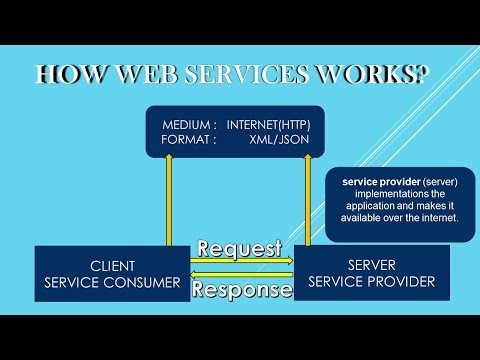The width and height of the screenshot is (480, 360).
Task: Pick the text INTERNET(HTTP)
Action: coord(268,124)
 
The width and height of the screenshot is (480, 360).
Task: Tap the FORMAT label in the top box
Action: coord(189,140)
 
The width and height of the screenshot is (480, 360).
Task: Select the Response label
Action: coord(242,289)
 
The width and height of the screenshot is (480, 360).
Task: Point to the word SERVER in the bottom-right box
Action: coord(373,265)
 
